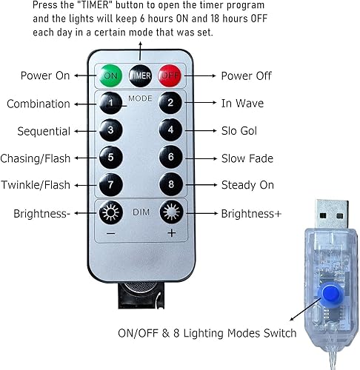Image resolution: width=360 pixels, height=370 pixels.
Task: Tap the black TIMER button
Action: click(141, 75)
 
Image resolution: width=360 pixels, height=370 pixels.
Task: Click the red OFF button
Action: click(170, 75)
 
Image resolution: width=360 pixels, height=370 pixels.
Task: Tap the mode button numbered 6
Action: click(170, 158)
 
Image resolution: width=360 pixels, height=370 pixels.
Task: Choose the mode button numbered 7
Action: click(110, 184)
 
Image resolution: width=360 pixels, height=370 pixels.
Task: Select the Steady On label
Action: click(248, 184)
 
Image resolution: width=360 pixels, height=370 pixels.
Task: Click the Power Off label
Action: click(247, 75)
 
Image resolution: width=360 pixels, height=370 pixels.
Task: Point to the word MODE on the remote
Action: click(140, 97)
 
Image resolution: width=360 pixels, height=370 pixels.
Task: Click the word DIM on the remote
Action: click(140, 212)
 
